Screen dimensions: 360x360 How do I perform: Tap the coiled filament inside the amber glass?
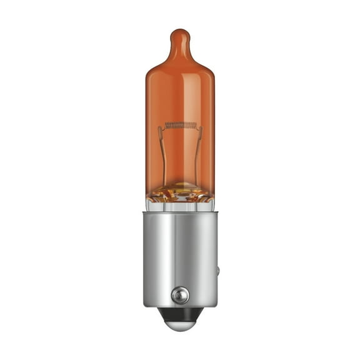180,125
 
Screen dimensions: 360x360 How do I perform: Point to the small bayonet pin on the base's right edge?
217,271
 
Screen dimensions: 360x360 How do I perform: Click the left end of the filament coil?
167,126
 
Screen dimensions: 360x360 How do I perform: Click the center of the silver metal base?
180,257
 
